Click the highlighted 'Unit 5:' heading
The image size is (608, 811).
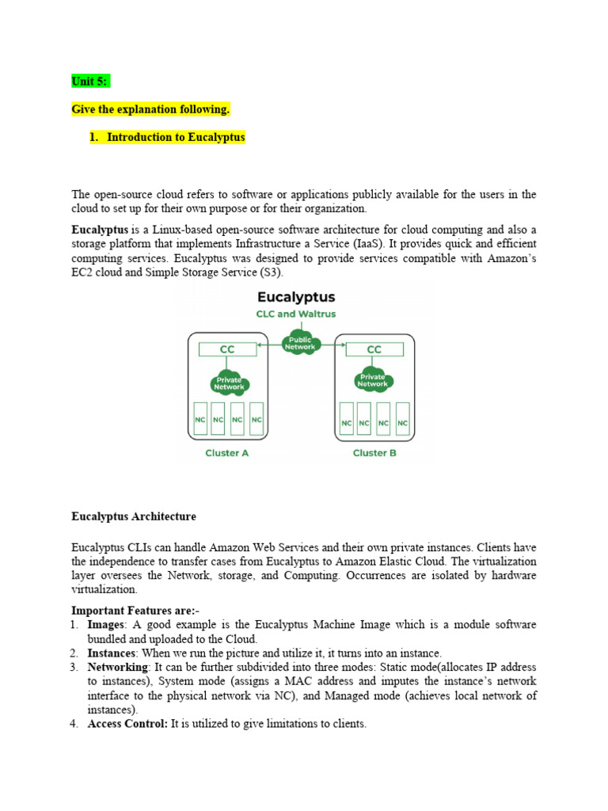coord(90,81)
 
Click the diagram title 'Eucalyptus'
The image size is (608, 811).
coord(296,297)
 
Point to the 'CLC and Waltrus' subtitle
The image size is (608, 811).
coord(296,314)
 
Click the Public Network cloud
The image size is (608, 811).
coord(300,342)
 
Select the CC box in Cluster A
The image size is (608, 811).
coord(226,348)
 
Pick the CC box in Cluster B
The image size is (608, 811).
coord(374,348)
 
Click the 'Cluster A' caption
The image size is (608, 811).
coord(226,453)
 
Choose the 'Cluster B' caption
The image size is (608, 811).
coord(374,453)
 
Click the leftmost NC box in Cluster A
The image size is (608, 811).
coord(199,419)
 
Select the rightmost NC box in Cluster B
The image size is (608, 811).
coord(402,419)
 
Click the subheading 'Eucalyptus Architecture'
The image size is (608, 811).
coord(133,516)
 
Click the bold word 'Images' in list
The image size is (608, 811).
coord(106,624)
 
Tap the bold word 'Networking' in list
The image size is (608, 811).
coord(118,667)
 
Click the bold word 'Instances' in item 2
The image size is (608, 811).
coord(112,653)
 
